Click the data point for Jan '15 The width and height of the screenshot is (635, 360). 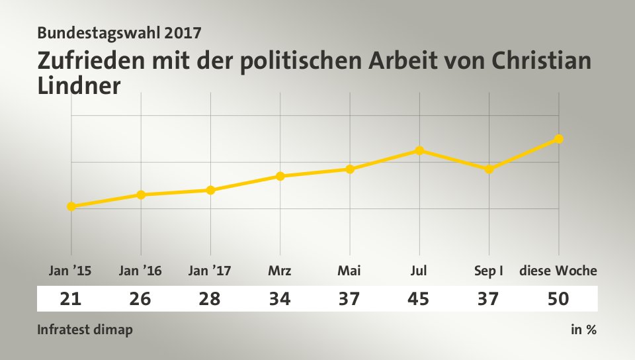(71, 206)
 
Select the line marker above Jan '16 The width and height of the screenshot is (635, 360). (141, 195)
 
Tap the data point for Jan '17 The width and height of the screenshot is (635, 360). (210, 190)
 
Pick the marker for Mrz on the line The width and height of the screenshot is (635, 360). (280, 176)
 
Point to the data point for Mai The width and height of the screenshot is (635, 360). (350, 169)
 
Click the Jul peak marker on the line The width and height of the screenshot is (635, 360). (419, 150)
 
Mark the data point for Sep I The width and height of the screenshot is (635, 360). (489, 169)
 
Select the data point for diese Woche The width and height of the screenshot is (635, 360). (559, 139)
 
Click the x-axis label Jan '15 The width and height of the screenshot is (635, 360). (71, 271)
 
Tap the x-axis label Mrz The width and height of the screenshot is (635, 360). (280, 271)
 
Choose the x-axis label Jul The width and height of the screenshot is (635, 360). (419, 271)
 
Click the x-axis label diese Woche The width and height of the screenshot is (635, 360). (558, 271)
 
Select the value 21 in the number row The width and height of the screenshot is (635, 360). (71, 299)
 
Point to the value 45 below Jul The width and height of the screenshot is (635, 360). (419, 299)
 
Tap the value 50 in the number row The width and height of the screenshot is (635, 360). (558, 299)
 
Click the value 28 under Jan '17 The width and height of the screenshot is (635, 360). (210, 299)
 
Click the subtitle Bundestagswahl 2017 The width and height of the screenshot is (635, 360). (120, 32)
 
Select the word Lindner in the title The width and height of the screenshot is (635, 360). (79, 86)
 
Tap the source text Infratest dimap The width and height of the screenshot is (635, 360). (85, 330)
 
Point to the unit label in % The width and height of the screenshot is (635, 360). (583, 330)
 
